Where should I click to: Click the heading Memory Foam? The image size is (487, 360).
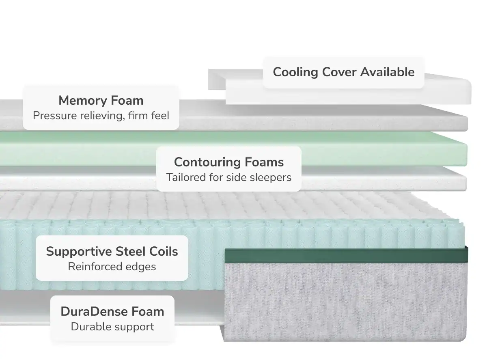click(x=101, y=100)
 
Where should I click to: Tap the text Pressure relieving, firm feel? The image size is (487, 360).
click(x=101, y=116)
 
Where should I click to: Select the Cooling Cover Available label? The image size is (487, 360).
click(x=343, y=72)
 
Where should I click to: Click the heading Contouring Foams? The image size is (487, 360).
click(x=228, y=162)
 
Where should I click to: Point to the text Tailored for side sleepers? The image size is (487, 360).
click(x=228, y=177)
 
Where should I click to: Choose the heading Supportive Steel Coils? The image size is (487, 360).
click(x=112, y=251)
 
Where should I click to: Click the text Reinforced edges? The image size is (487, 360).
click(x=112, y=267)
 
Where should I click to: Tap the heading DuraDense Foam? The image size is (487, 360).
click(x=112, y=311)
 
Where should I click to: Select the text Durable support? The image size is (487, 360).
click(x=112, y=326)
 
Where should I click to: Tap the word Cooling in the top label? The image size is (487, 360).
click(x=295, y=72)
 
